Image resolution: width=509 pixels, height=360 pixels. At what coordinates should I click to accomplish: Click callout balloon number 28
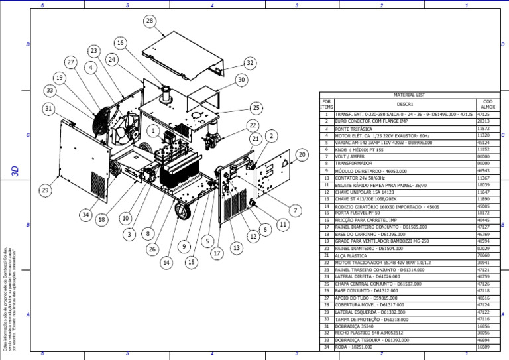click(x=150, y=21)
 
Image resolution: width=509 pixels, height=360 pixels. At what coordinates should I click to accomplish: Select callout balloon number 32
click(x=249, y=63)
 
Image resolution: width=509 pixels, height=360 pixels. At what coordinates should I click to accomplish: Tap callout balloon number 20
click(x=302, y=154)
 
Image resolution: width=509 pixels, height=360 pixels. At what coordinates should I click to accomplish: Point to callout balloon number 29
click(x=45, y=190)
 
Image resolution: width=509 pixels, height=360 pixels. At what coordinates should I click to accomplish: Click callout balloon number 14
click(x=166, y=263)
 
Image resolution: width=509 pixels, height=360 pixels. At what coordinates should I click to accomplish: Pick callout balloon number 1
click(x=153, y=131)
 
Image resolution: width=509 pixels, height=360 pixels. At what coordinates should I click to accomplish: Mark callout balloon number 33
click(x=49, y=90)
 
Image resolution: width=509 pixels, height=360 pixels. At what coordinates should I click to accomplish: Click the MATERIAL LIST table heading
click(x=404, y=95)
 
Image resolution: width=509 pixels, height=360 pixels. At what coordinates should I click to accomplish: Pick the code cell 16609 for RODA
click(x=484, y=347)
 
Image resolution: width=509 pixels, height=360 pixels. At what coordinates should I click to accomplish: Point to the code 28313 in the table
click(x=484, y=121)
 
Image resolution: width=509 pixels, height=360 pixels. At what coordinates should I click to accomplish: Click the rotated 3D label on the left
click(x=15, y=170)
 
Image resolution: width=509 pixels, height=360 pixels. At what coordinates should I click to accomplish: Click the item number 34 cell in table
click(x=326, y=347)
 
